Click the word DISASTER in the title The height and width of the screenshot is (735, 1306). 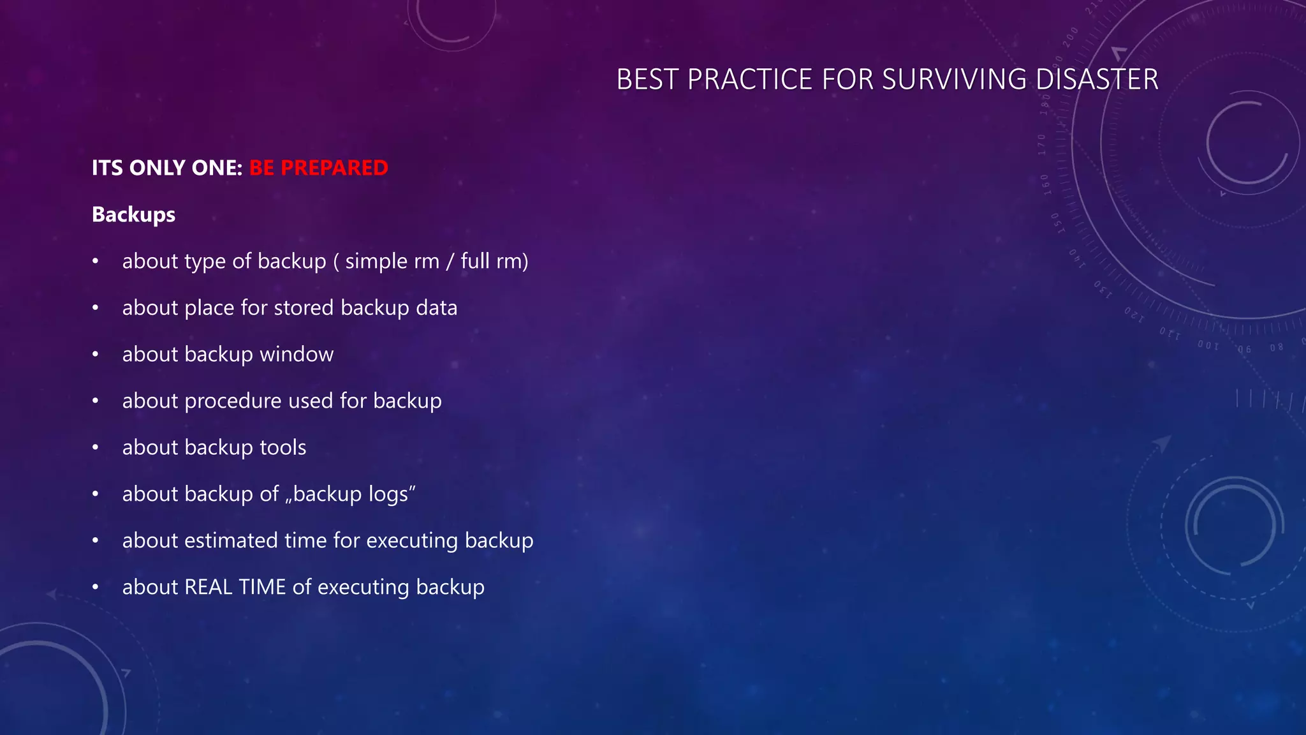(1097, 80)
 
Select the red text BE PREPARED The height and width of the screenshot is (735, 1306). (318, 168)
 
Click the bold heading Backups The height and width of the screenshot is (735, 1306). (133, 214)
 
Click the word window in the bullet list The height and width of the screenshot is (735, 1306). (297, 354)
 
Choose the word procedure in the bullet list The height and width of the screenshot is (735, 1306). (233, 401)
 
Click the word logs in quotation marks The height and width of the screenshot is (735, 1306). (388, 494)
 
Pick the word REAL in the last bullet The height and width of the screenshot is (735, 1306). (208, 587)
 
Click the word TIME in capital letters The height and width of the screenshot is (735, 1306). (262, 587)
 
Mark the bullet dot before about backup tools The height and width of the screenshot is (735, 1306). (95, 448)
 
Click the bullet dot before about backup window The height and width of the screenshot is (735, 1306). (95, 355)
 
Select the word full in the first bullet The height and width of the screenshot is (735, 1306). (475, 261)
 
